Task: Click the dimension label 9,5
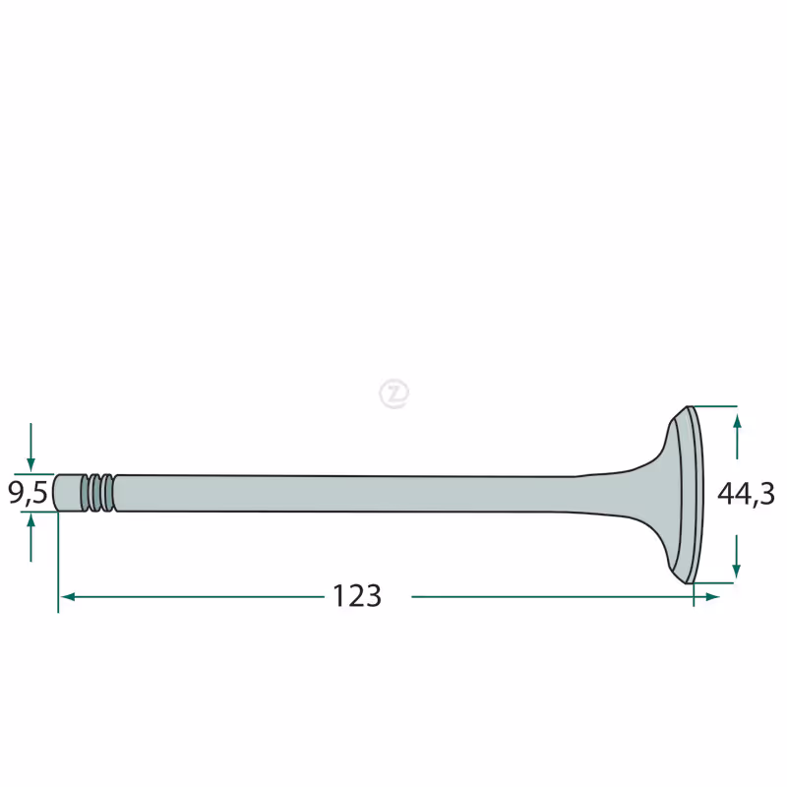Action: click(x=28, y=493)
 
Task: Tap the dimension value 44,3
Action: click(x=746, y=494)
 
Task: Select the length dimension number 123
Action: click(x=357, y=596)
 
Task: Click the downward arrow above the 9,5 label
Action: click(x=30, y=448)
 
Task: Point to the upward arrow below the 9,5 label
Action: click(x=30, y=538)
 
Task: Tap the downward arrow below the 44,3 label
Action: click(x=736, y=556)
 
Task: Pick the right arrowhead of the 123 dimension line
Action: click(x=712, y=597)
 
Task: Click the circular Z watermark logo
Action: click(x=394, y=393)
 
